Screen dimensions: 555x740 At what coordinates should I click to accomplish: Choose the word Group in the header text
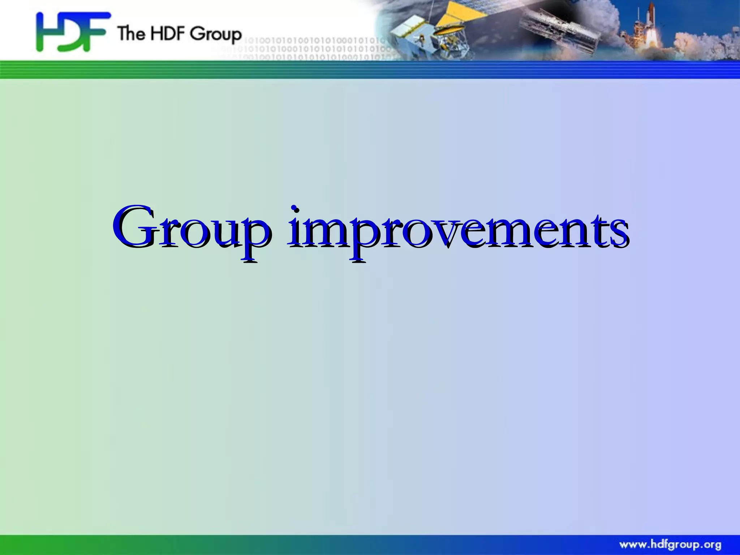tap(216, 35)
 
